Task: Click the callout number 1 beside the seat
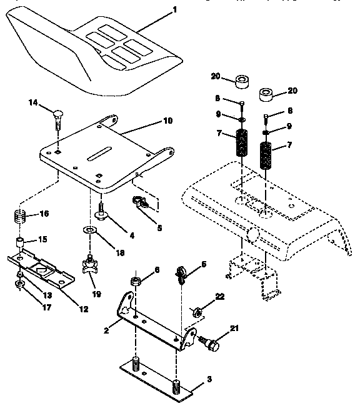click(x=174, y=9)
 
